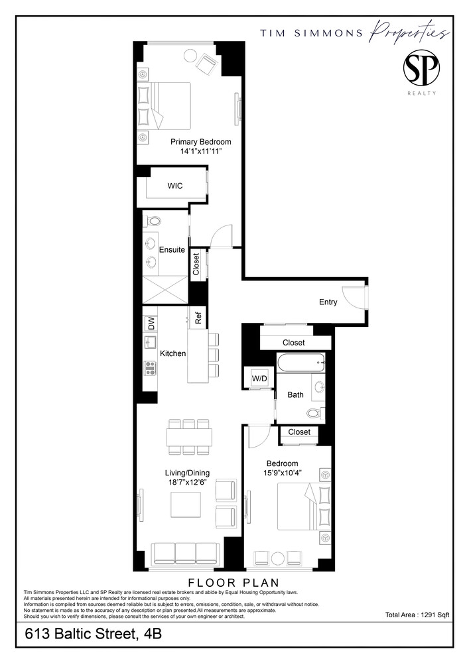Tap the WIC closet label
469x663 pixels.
174,186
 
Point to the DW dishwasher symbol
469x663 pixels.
151,323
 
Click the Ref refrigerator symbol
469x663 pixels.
198,318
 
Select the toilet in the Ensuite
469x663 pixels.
153,221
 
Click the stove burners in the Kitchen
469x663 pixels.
150,368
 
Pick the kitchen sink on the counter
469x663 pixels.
150,343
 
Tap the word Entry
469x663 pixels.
328,302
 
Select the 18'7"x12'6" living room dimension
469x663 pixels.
187,483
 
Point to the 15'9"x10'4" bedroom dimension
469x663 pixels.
282,473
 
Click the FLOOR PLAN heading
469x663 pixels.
234,583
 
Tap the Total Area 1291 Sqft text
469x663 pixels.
417,615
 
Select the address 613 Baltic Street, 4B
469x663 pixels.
93,634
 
